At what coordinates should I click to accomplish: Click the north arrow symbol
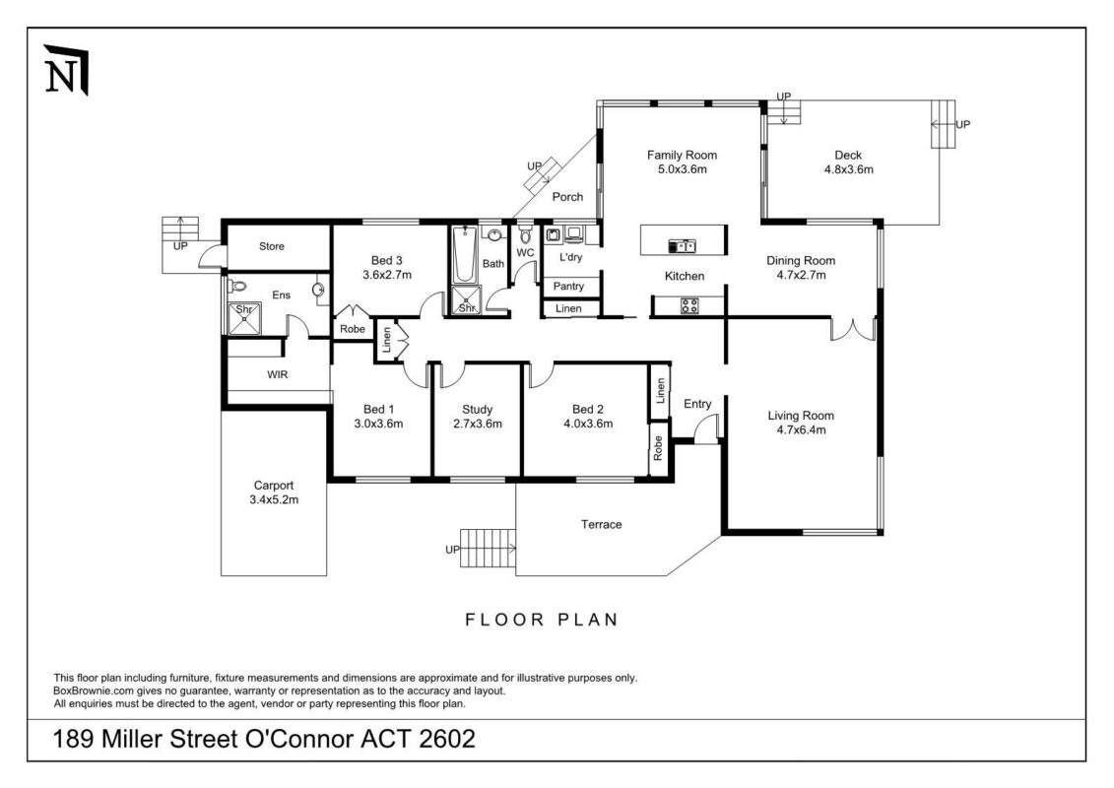67,70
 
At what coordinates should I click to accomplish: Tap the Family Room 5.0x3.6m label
682,162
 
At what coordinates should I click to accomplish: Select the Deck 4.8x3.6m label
848,162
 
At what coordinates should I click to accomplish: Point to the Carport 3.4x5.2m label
274,492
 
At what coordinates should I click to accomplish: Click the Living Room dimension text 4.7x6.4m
801,429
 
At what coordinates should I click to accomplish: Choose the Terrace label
601,524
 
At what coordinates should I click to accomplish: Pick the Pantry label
568,287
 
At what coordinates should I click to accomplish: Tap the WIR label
277,374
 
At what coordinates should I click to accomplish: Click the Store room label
271,246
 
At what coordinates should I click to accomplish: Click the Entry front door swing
705,429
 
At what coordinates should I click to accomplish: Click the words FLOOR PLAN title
541,620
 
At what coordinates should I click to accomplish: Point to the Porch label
567,197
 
